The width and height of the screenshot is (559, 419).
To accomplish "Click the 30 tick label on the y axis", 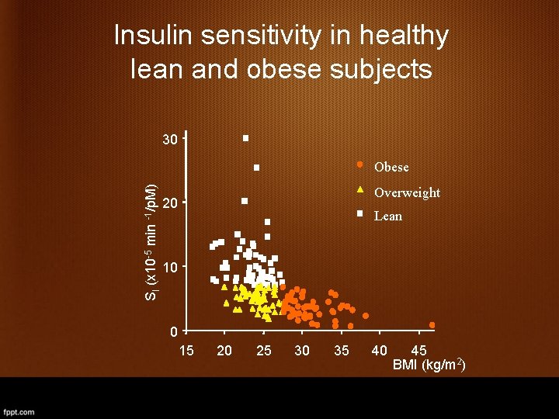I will (x=170, y=140).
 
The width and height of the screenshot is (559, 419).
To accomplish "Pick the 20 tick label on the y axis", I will (x=170, y=203).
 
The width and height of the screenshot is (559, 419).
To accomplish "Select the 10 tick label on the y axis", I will (x=170, y=268).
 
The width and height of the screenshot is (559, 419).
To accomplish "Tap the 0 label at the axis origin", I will (x=175, y=332).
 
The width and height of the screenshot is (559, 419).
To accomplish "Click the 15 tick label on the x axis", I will (x=186, y=351).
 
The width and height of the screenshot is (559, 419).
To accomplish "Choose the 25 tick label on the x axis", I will (x=264, y=351).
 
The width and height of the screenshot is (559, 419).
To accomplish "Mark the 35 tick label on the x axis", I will (x=341, y=351).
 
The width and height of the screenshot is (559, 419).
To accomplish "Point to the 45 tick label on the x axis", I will (x=418, y=351).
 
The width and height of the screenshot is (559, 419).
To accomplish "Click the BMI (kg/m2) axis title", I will (x=429, y=365).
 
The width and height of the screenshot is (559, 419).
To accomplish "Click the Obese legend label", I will (x=391, y=168).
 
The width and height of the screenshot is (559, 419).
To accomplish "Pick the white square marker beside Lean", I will (x=360, y=213).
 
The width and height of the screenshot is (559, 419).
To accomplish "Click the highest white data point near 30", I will (x=245, y=138).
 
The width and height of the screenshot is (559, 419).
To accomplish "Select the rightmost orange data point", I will (x=432, y=325).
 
